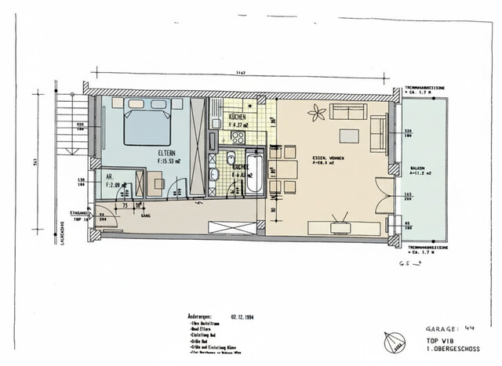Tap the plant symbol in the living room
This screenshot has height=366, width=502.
[x=317, y=114]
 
